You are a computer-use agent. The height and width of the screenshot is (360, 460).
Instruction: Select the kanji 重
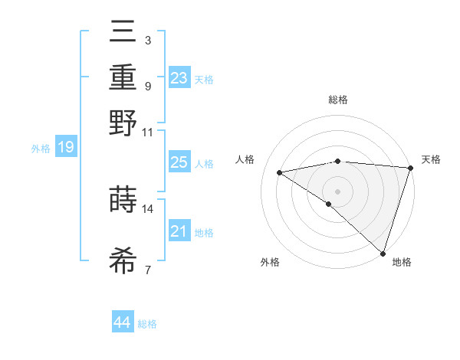[123, 80]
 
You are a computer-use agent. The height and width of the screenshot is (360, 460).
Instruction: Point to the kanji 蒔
[123, 201]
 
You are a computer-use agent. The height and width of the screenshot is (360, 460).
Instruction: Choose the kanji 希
[123, 260]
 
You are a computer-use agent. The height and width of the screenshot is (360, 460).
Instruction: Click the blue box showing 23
[179, 77]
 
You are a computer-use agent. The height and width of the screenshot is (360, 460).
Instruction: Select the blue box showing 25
[179, 162]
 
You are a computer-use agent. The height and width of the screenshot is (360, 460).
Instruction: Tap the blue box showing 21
[179, 231]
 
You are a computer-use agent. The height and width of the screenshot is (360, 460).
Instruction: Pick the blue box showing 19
[66, 147]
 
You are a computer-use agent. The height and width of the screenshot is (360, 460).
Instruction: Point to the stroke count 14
[148, 208]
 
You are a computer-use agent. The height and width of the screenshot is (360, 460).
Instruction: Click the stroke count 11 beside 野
[148, 132]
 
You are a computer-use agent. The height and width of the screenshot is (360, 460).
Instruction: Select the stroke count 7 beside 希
[148, 269]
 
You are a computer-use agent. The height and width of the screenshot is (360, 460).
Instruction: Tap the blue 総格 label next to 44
[147, 324]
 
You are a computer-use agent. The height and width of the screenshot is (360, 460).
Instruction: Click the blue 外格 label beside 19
[41, 149]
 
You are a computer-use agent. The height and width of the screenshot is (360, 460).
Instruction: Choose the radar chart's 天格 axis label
[431, 159]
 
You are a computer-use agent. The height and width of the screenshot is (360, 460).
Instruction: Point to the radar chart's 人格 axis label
[245, 159]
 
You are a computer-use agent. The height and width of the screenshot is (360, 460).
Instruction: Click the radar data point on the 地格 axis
[383, 252]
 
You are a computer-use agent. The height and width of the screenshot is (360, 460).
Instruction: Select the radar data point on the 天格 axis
[410, 168]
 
